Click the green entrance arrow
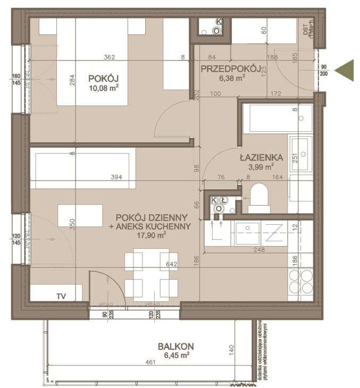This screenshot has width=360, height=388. pyautogui.click(x=346, y=70)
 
